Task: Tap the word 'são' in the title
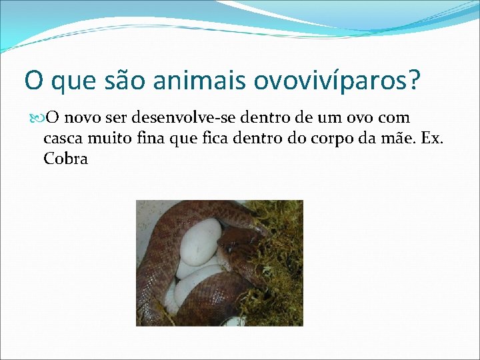pos(123,81)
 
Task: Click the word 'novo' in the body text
pos(83,119)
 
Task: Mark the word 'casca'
pos(63,139)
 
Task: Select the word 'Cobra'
pos(65,160)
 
